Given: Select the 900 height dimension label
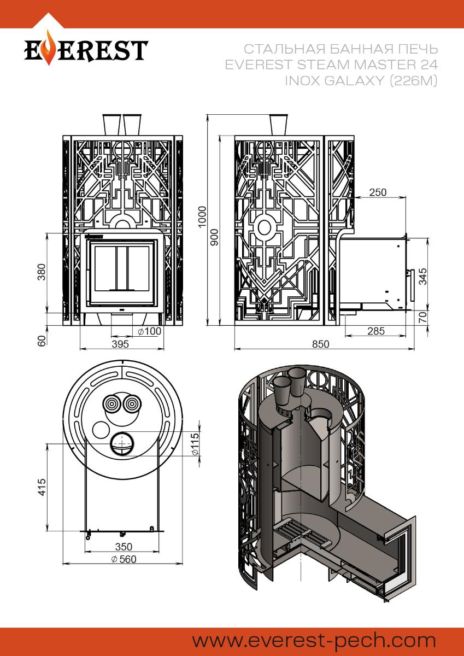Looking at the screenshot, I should (214, 236).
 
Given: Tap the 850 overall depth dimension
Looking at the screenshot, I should (321, 344).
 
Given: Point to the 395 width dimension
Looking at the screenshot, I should (119, 344).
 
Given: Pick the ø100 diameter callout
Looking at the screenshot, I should (149, 331).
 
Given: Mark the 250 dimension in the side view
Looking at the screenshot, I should (377, 192).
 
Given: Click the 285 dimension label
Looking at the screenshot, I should (376, 331).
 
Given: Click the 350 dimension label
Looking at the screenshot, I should (124, 546).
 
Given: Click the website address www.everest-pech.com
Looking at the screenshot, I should (314, 640).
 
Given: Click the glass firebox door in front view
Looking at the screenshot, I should (121, 268).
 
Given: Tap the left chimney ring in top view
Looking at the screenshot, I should (111, 405).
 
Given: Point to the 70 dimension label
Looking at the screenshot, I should (422, 318).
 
